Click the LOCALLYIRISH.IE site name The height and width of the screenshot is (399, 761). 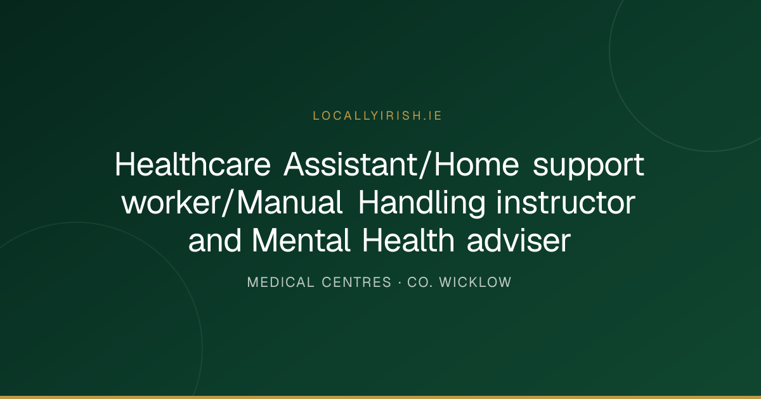click(x=377, y=116)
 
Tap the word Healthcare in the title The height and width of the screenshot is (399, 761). click(x=193, y=165)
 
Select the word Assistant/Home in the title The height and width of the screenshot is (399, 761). click(x=401, y=165)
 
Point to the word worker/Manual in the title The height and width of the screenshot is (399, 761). click(x=232, y=203)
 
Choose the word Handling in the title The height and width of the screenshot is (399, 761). click(x=422, y=204)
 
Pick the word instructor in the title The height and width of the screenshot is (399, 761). click(x=566, y=203)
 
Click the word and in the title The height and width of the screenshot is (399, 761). click(x=215, y=241)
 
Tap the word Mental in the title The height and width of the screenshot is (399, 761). click(x=301, y=241)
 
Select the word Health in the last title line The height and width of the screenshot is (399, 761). click(x=408, y=241)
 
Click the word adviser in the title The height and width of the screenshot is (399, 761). click(x=519, y=241)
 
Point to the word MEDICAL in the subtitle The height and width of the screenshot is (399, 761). click(x=280, y=282)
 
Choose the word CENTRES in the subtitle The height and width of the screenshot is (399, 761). click(x=356, y=282)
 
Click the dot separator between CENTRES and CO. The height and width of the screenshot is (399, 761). click(x=400, y=282)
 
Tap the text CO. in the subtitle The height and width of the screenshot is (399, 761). click(x=420, y=282)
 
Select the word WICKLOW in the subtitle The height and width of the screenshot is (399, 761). click(x=475, y=282)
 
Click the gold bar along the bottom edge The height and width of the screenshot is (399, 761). click(x=380, y=397)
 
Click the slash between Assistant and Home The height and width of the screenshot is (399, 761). click(x=426, y=165)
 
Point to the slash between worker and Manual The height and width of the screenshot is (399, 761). click(x=230, y=203)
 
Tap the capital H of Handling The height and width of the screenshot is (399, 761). click(x=370, y=203)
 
